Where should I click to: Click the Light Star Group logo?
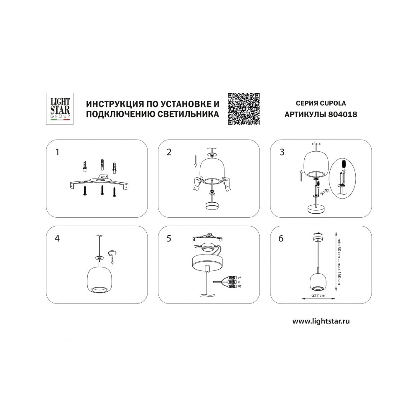tap(60, 109)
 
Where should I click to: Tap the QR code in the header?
tap(244, 109)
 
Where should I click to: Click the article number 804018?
tap(343, 115)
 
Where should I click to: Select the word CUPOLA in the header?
tap(332, 103)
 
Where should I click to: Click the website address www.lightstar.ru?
tap(321, 321)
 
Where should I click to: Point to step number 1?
tap(57, 152)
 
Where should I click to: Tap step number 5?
tap(169, 238)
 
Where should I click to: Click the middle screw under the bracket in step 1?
tap(102, 190)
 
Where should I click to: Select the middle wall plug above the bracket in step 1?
tap(102, 165)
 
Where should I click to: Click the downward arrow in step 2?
tap(195, 162)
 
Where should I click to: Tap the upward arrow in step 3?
tap(301, 176)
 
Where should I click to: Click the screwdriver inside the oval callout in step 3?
tap(343, 171)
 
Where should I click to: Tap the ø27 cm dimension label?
tap(319, 296)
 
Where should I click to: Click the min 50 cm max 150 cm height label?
tap(339, 261)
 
